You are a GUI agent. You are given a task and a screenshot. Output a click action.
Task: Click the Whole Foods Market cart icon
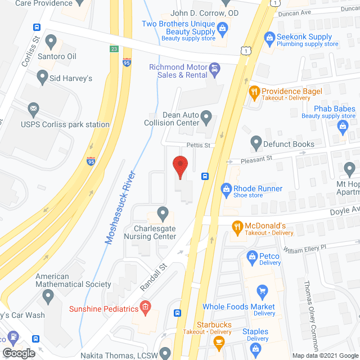click(262, 291)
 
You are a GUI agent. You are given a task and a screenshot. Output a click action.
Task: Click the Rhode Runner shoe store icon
click(227, 189)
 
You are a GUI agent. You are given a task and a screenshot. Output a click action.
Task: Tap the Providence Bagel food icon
click(254, 91)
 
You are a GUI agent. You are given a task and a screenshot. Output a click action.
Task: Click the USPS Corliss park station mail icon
click(33, 108)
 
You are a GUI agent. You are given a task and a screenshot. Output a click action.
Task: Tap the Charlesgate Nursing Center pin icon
click(163, 213)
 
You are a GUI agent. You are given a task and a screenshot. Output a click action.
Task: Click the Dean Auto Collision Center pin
click(206, 119)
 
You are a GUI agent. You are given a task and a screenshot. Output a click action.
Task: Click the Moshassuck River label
click(120, 206)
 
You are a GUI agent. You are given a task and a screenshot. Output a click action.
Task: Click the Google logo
click(18, 353)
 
